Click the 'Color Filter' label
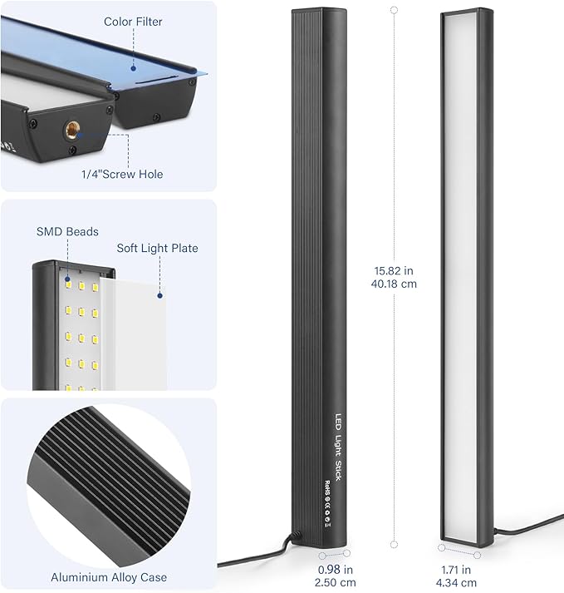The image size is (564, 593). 133,22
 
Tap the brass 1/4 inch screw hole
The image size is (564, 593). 71,130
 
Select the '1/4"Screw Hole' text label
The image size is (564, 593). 122,175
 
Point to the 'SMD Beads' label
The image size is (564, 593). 67,231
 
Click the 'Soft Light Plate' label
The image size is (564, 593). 157,248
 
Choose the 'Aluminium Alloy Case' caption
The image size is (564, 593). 109,577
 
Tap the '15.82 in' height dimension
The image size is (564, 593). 394,271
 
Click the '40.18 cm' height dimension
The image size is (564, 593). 394,284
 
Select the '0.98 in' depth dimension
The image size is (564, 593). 335,570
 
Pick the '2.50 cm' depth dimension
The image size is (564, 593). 335,582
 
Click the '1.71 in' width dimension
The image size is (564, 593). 456,570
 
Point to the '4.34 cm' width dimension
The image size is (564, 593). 456,582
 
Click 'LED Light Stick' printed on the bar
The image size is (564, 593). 338,447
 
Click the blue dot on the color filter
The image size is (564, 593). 134,68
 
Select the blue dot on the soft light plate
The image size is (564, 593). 159,295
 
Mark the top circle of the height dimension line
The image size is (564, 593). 394,10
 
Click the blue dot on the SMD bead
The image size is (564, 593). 68,279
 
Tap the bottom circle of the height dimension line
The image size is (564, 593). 394,545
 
